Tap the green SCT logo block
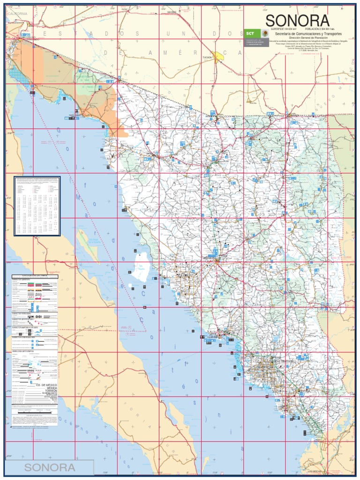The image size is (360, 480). pos(249,34)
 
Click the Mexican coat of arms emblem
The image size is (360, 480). pos(264,34)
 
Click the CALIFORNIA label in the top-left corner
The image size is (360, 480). pos(17,14)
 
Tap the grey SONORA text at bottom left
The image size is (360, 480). pos(50,467)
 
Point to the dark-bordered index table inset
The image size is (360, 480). pos(37,206)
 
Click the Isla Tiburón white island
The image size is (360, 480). pos(140,266)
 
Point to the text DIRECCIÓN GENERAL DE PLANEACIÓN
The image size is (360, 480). pos(307,38)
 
